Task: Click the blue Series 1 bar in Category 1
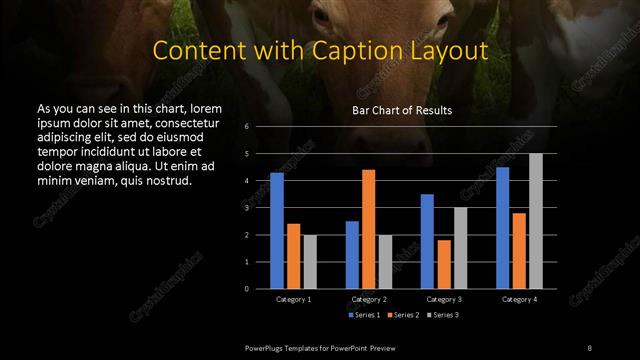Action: pos(277,231)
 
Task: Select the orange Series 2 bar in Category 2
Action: pos(368,229)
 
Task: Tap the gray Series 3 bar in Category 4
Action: pos(536,221)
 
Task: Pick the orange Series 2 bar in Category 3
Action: pos(443,264)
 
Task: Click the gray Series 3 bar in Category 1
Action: pos(310,262)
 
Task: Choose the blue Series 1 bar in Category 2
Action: pos(352,255)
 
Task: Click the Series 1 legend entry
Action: pos(363,315)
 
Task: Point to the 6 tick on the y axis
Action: pos(246,127)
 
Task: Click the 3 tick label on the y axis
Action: pos(246,208)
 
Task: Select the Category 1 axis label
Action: pos(293,299)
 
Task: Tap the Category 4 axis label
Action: pos(519,299)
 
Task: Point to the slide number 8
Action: pos(590,346)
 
